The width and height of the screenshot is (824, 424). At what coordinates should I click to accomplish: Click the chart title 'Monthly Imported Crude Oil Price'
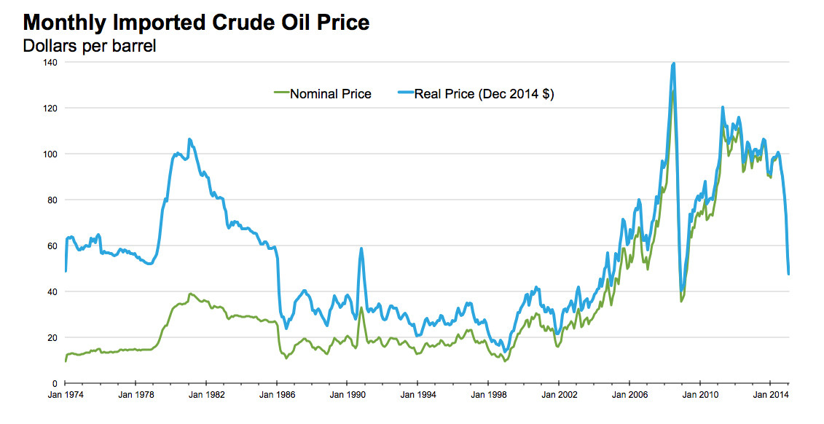196,22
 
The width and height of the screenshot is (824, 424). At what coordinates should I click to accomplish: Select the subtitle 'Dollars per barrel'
90,46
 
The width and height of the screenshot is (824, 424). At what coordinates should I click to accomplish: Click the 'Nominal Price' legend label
331,94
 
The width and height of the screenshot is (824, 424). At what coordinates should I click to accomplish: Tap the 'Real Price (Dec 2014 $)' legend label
484,94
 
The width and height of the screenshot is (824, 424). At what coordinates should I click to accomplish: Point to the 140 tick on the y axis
50,63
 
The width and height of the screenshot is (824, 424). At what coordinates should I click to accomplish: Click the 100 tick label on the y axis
50,154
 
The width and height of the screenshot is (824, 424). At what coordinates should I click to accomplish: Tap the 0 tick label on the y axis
55,384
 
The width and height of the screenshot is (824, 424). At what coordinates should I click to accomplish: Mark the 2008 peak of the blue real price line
674,63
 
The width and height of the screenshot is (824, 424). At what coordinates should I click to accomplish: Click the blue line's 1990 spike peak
361,248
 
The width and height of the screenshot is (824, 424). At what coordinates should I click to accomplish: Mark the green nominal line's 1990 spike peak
361,307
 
